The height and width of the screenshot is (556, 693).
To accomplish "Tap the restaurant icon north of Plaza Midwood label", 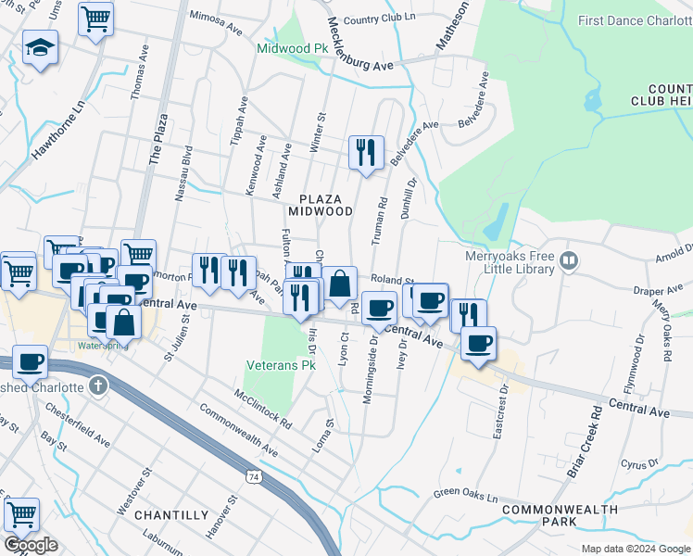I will (x=366, y=152).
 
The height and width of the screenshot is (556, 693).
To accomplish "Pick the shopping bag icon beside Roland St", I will (x=340, y=284).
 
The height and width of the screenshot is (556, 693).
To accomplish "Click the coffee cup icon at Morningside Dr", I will (x=378, y=308).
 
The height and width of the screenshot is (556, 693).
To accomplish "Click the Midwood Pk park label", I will (x=293, y=47).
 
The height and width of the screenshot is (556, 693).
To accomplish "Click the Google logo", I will (x=31, y=545).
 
